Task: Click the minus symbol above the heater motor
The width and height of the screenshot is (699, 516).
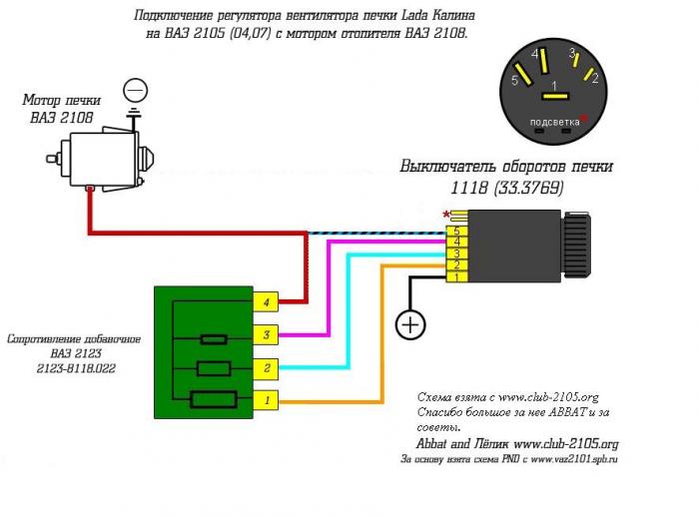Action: click(135, 91)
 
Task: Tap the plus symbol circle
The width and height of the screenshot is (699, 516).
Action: click(410, 324)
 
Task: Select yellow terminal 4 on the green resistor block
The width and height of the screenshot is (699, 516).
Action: click(266, 302)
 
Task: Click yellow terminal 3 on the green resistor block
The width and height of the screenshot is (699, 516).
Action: click(266, 334)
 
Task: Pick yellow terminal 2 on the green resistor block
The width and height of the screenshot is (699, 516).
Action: click(266, 368)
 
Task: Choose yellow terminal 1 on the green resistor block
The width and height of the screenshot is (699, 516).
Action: click(266, 400)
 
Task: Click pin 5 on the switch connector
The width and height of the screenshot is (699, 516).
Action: click(457, 231)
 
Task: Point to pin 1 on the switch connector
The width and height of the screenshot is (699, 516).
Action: click(457, 277)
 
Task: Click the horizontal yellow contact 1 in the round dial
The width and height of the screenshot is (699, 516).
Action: click(555, 96)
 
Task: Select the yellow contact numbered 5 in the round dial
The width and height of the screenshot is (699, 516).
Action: click(523, 75)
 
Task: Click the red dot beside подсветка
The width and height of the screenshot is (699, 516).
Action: click(583, 118)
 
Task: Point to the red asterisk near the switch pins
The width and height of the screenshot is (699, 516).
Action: click(446, 215)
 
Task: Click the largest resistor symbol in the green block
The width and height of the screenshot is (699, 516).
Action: click(214, 399)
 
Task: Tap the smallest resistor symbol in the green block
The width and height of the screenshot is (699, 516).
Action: click(214, 339)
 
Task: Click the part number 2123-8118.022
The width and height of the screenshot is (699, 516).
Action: click(76, 368)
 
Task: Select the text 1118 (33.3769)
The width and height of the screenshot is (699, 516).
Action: click(507, 188)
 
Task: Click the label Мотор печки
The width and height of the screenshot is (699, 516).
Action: click(62, 100)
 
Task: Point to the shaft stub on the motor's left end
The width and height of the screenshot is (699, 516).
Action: click(54, 159)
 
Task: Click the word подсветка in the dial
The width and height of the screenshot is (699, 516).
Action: click(554, 122)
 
